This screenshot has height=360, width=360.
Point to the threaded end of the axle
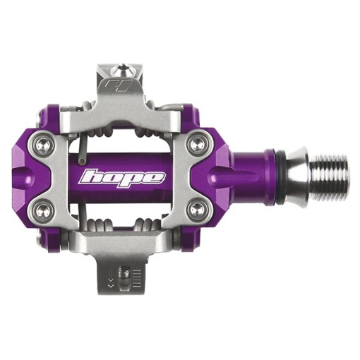click(x=330, y=176)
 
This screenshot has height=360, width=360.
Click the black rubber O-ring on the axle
click(x=281, y=176)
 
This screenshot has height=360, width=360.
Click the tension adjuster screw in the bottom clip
click(x=125, y=277)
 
